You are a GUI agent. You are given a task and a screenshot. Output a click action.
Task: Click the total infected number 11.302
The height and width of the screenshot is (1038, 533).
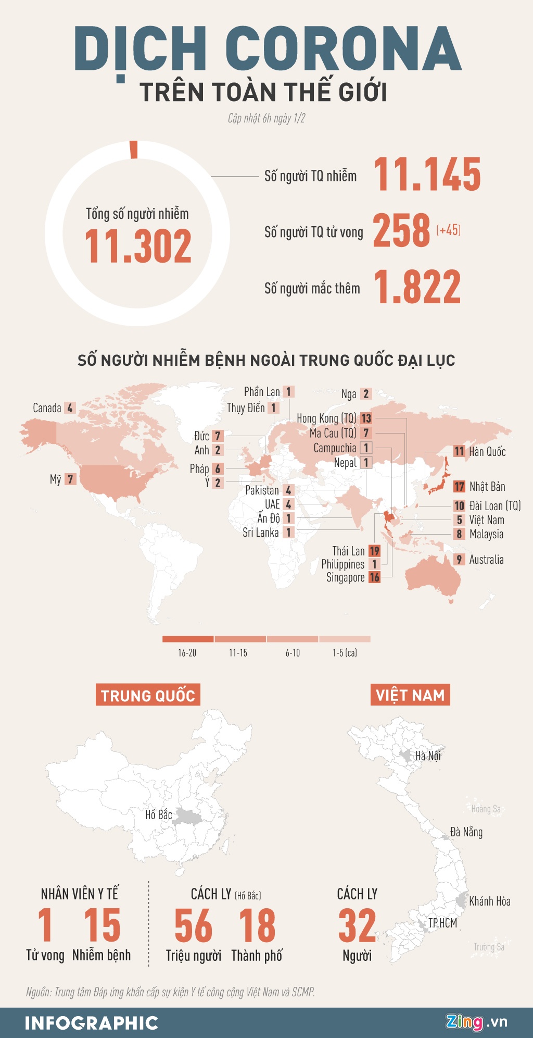(138, 246)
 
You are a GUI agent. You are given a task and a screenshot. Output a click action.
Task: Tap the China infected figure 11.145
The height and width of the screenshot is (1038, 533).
(427, 175)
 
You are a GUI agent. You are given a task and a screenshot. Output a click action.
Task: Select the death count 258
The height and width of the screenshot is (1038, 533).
(401, 230)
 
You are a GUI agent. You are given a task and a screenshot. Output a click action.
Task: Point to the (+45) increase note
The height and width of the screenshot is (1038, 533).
(448, 230)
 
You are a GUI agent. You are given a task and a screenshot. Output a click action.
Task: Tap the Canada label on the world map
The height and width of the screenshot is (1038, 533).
(47, 408)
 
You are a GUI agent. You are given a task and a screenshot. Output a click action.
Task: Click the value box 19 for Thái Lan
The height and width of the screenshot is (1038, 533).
(374, 551)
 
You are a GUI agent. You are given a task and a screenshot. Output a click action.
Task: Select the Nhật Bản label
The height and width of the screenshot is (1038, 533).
(487, 487)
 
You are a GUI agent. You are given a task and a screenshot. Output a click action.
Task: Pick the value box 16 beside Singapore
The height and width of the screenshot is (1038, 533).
(374, 577)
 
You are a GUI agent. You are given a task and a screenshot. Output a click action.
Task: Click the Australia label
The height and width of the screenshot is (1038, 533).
(486, 560)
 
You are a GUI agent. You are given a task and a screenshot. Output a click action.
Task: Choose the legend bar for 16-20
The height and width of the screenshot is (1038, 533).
(188, 639)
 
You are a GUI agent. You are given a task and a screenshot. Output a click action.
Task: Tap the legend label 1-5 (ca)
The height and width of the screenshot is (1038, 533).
(345, 653)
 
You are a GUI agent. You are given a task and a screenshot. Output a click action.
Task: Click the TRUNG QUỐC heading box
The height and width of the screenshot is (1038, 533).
(148, 695)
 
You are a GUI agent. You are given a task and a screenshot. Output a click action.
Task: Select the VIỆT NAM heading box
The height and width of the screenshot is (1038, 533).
(410, 695)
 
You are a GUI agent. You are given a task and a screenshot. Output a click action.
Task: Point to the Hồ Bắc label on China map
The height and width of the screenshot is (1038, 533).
(158, 814)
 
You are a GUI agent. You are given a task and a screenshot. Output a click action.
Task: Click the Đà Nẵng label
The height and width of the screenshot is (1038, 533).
(466, 832)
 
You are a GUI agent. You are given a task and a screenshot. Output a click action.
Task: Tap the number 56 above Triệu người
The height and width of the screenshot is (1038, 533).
(193, 925)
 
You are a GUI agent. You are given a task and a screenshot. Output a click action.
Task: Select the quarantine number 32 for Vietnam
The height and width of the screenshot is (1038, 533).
(357, 925)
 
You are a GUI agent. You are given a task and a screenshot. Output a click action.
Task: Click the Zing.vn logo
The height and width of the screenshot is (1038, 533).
(476, 1022)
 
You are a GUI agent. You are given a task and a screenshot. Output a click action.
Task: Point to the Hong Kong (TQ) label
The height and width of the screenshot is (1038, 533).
(326, 418)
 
